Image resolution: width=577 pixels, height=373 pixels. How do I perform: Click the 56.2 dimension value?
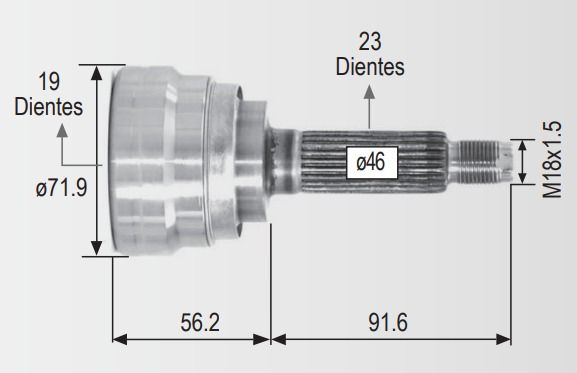pyautogui.click(x=200, y=322)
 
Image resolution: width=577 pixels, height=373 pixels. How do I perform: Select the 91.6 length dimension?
pyautogui.click(x=388, y=322)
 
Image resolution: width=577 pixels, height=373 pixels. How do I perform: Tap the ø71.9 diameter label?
pyautogui.click(x=61, y=188)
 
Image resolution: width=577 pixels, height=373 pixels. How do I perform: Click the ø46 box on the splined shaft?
pyautogui.click(x=372, y=162)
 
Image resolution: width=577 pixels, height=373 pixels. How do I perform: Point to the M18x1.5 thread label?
pyautogui.click(x=552, y=159)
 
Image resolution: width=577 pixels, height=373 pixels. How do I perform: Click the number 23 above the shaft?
pyautogui.click(x=370, y=42)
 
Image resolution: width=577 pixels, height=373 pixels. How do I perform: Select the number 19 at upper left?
pyautogui.click(x=49, y=82)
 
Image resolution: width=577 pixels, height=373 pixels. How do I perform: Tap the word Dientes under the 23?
pyautogui.click(x=370, y=67)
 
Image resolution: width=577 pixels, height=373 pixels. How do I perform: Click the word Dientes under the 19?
pyautogui.click(x=49, y=107)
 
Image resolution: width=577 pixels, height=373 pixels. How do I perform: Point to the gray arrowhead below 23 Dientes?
pyautogui.click(x=369, y=92)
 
